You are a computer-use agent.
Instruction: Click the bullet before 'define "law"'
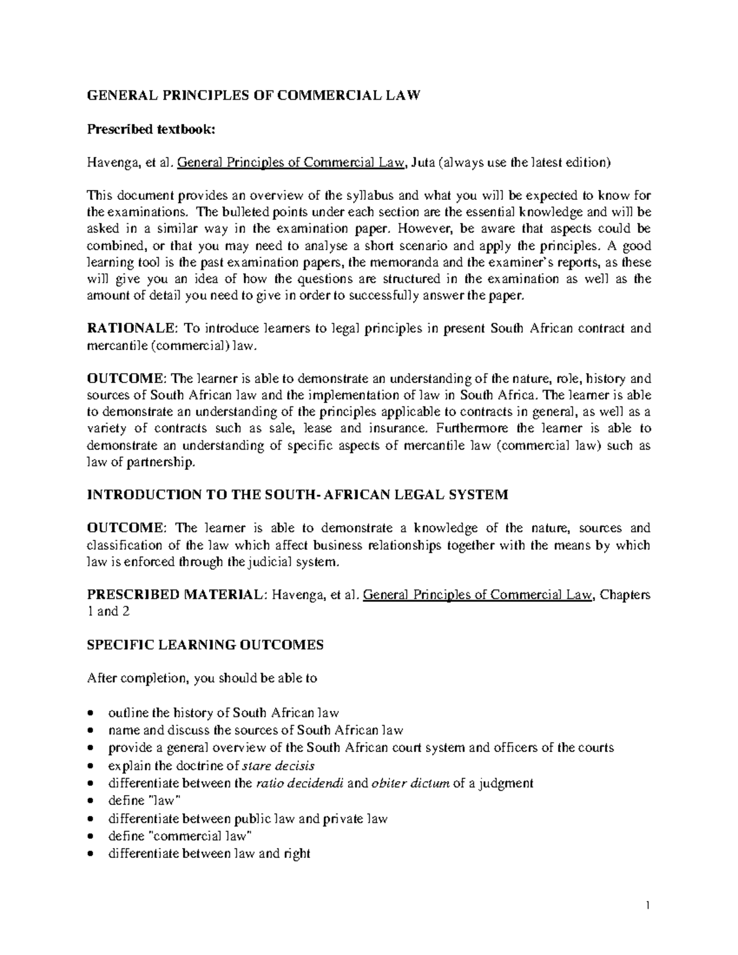pyautogui.click(x=91, y=801)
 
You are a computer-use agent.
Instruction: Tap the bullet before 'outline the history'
pyautogui.click(x=91, y=714)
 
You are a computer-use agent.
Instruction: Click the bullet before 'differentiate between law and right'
pyautogui.click(x=91, y=854)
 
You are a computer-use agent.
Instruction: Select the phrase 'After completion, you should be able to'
pyautogui.click(x=202, y=679)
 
